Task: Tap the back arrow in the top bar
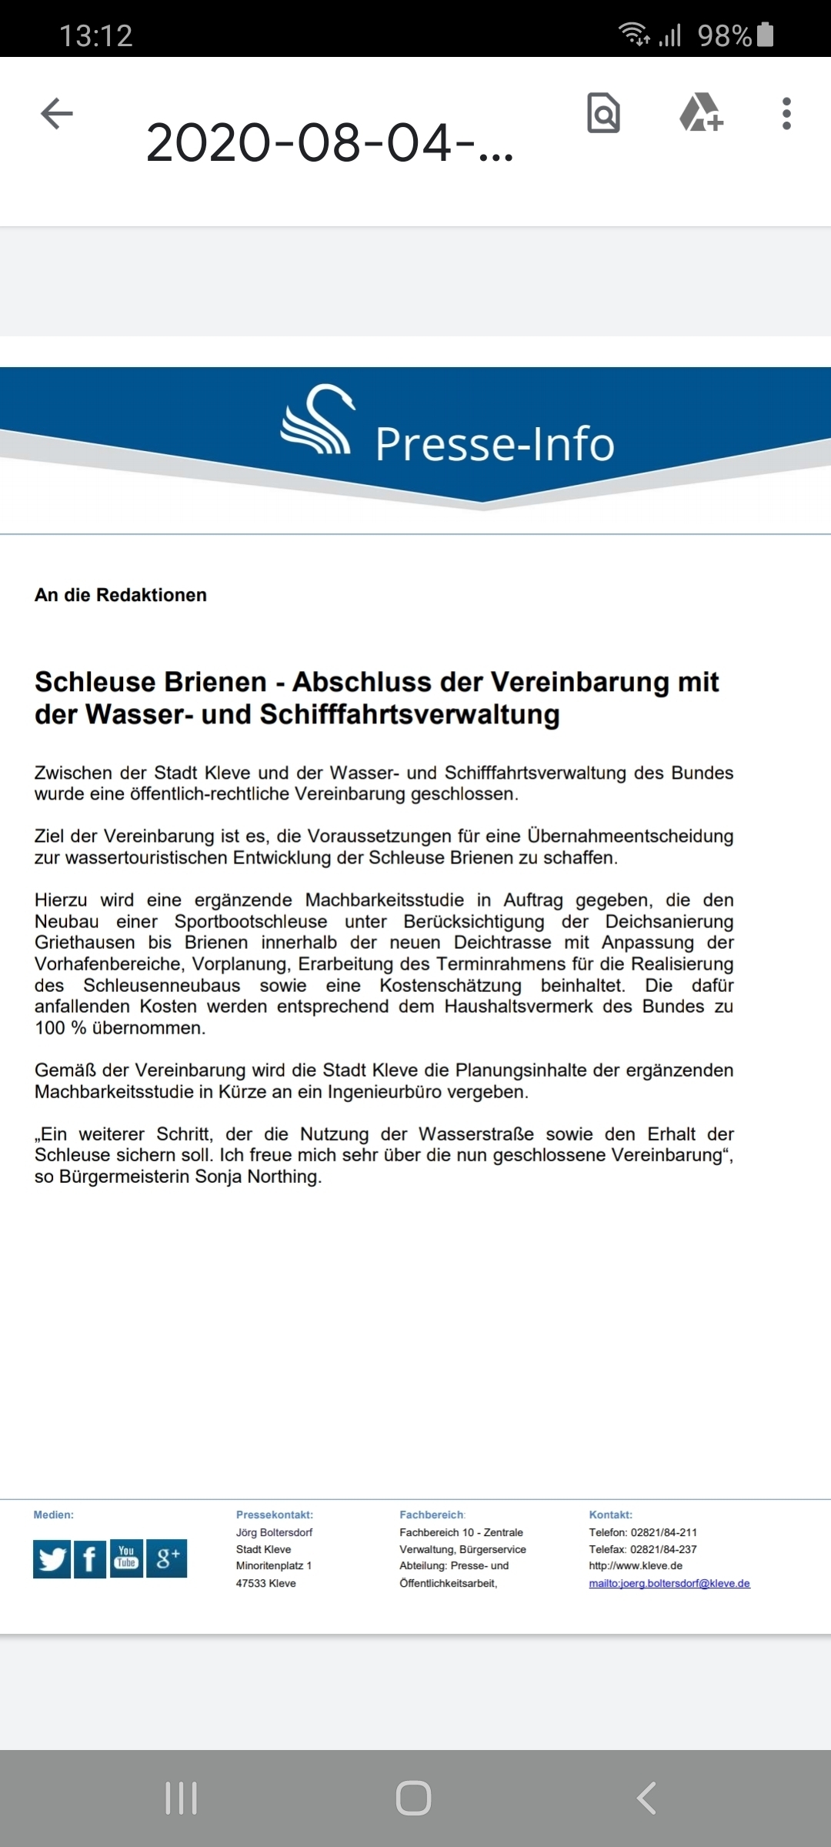(x=57, y=114)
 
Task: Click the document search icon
(x=604, y=113)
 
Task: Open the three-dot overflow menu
(x=786, y=113)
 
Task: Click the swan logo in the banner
(x=318, y=419)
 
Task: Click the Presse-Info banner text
(x=495, y=444)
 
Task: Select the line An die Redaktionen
(x=121, y=595)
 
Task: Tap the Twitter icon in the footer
(x=52, y=1559)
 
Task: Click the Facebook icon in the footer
(x=90, y=1559)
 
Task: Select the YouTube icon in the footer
(x=127, y=1558)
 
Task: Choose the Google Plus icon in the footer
(x=167, y=1559)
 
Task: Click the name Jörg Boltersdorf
(x=274, y=1532)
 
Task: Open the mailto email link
(x=669, y=1583)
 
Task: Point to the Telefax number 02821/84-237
(x=663, y=1549)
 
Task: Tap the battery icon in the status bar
(x=766, y=35)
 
